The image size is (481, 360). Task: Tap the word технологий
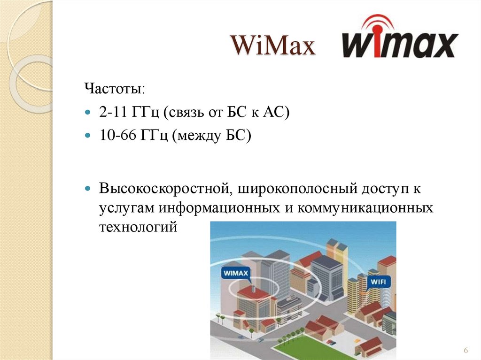pyautogui.click(x=139, y=227)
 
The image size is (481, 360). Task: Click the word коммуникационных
pyautogui.click(x=365, y=208)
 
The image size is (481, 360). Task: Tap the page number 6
pyautogui.click(x=465, y=351)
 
